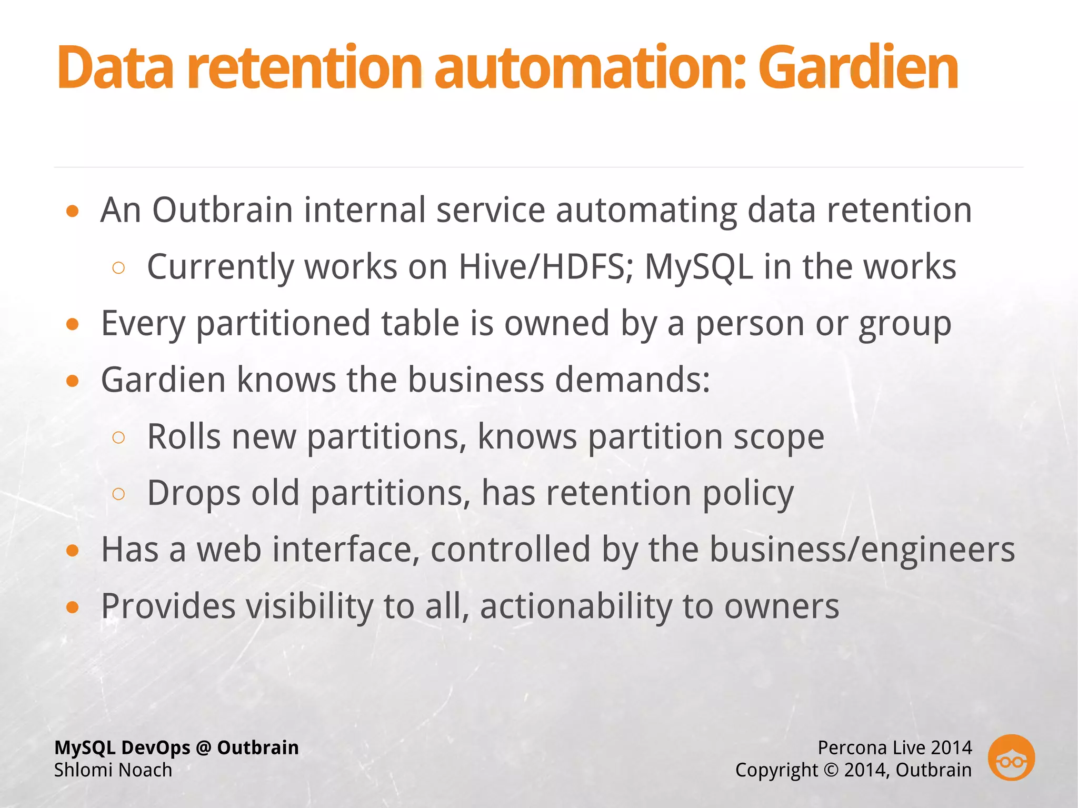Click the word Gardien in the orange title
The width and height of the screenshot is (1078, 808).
tap(857, 68)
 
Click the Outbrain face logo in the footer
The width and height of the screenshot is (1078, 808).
tap(1011, 757)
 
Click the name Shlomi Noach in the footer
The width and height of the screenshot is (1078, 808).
tap(113, 770)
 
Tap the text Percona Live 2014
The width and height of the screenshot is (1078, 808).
tap(894, 747)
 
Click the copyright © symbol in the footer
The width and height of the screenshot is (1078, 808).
tap(831, 770)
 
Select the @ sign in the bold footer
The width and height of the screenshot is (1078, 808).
tap(203, 748)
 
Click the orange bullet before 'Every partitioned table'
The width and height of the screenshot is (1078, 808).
tap(73, 324)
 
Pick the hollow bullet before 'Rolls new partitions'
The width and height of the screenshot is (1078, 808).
tap(119, 437)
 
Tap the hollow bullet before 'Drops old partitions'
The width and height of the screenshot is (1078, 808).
tap(119, 494)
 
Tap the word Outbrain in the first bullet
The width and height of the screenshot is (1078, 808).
tap(222, 210)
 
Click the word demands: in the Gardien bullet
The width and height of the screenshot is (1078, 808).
tap(632, 380)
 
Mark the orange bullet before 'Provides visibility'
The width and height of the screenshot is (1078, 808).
tap(73, 607)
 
